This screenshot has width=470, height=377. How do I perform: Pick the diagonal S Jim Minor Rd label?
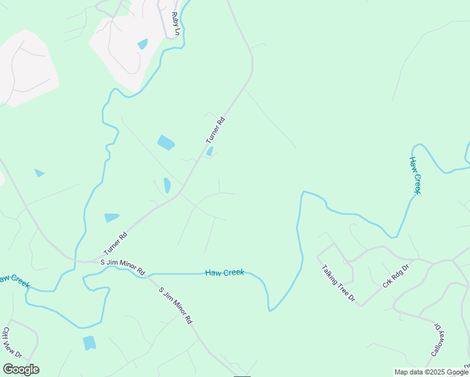176,304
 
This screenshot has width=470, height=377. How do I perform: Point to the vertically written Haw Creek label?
415,175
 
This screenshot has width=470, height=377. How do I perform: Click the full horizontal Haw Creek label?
224,273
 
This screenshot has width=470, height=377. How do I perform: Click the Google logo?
21,369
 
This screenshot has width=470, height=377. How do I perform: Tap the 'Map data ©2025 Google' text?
431,372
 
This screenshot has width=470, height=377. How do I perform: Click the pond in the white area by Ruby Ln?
143,44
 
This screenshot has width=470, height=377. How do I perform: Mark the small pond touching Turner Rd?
209,151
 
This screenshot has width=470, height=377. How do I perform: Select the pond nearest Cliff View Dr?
89,342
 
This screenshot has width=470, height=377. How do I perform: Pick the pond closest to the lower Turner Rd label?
111,217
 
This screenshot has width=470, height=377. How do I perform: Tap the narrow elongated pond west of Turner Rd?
167,185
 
